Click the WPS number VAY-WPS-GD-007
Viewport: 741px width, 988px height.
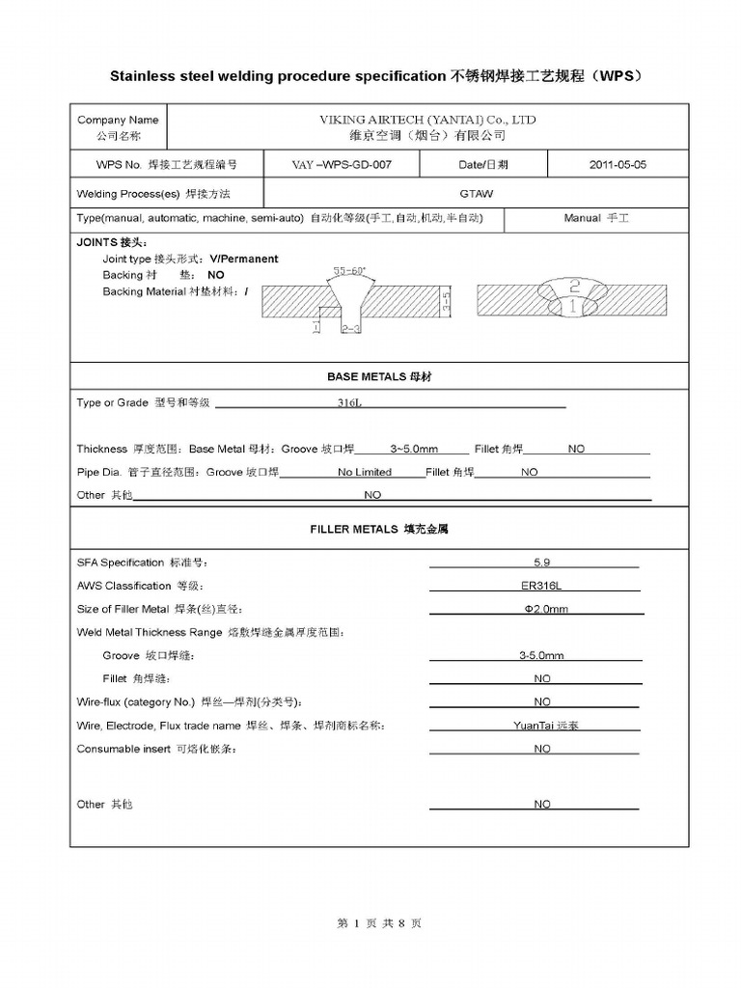tap(342, 165)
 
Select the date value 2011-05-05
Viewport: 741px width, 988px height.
tap(617, 165)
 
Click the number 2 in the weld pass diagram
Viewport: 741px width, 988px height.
tap(574, 287)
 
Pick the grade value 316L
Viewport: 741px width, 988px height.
tap(349, 403)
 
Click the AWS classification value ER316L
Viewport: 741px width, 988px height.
tap(541, 586)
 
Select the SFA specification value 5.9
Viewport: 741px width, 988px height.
tap(541, 563)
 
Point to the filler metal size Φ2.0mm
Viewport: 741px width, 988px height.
tap(545, 609)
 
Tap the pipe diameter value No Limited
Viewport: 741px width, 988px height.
tap(365, 473)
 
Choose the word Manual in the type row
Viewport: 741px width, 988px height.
tap(583, 219)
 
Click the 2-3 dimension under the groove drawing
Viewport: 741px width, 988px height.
tap(351, 329)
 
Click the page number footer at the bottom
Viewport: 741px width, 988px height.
tap(379, 923)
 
